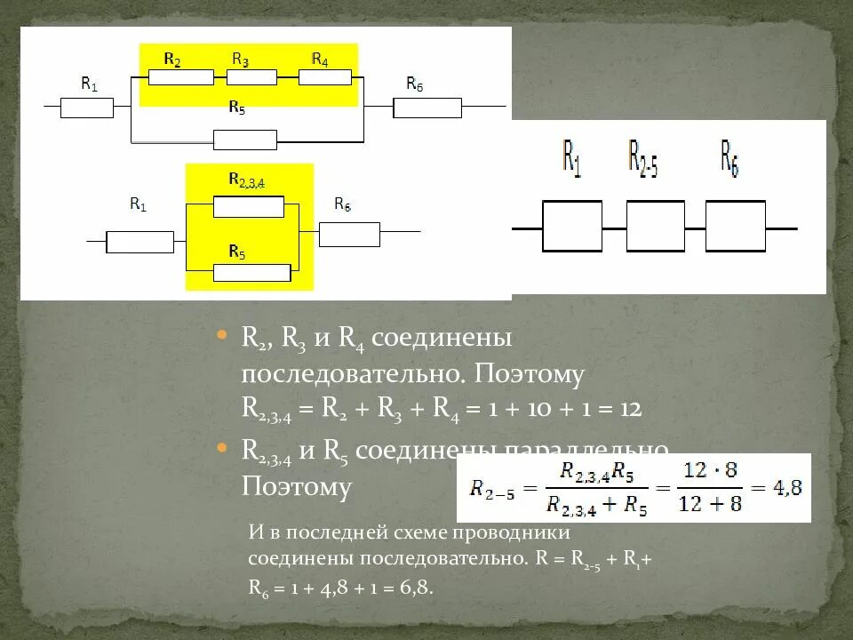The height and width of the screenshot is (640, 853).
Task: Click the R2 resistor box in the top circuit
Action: point(180,77)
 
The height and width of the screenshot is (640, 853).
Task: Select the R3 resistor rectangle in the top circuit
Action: point(245,77)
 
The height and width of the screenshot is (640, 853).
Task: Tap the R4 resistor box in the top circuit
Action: point(324,77)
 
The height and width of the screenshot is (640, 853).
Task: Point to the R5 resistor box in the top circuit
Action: point(245,140)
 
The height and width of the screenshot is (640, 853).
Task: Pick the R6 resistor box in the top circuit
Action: point(427,108)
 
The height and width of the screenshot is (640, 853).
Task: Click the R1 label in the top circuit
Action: point(89,84)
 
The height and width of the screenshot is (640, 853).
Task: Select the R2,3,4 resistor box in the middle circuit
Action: point(249,207)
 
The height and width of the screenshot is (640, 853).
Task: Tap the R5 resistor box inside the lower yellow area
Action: point(252,273)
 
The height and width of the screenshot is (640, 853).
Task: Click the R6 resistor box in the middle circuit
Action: point(349,234)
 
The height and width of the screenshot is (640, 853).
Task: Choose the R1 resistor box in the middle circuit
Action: point(140,242)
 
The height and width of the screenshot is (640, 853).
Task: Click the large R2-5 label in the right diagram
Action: point(642,156)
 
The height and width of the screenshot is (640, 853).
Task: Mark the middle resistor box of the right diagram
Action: point(656,226)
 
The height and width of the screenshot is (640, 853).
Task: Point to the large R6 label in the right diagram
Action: point(729,156)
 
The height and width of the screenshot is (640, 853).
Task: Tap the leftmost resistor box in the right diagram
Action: point(571,226)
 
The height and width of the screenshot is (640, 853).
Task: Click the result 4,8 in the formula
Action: point(782,487)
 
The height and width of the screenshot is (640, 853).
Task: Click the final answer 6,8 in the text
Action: point(413,588)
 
